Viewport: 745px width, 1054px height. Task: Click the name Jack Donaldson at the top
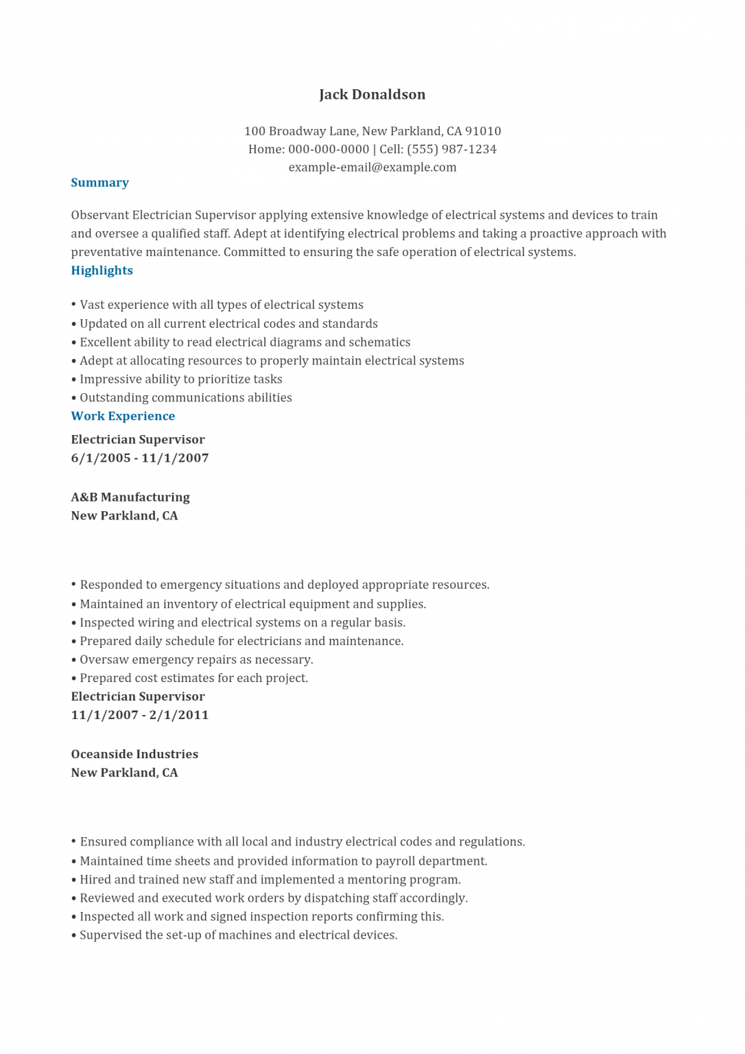pyautogui.click(x=372, y=95)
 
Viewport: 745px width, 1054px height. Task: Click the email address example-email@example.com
pyautogui.click(x=372, y=167)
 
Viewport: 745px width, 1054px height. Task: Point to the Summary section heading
pyautogui.click(x=99, y=183)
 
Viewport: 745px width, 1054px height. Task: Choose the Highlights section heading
pyautogui.click(x=102, y=270)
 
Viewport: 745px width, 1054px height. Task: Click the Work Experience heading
pyautogui.click(x=123, y=416)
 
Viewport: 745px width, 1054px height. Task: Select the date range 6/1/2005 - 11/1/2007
pyautogui.click(x=140, y=458)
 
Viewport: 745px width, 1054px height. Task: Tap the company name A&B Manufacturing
pyautogui.click(x=130, y=497)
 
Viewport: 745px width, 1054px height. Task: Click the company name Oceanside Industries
pyautogui.click(x=134, y=753)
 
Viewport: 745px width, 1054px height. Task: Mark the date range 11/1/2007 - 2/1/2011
pyautogui.click(x=140, y=714)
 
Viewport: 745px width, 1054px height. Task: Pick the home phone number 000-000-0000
pyautogui.click(x=329, y=149)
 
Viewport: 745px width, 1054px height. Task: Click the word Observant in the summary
pyautogui.click(x=99, y=215)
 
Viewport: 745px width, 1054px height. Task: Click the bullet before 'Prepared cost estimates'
pyautogui.click(x=74, y=678)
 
